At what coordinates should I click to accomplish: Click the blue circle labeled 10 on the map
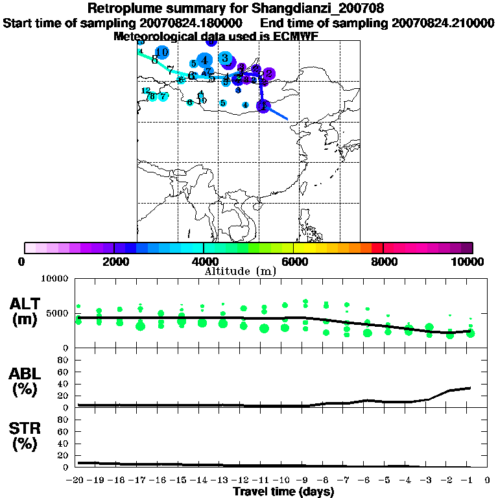click(x=161, y=53)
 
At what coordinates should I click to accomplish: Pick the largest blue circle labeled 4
click(x=204, y=60)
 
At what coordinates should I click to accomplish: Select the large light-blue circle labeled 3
click(x=225, y=58)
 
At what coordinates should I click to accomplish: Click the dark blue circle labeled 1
click(x=263, y=106)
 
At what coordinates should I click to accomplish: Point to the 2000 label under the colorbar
click(x=114, y=262)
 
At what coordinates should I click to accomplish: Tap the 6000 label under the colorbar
click(x=293, y=262)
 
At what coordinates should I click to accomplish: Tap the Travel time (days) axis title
click(x=283, y=492)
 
